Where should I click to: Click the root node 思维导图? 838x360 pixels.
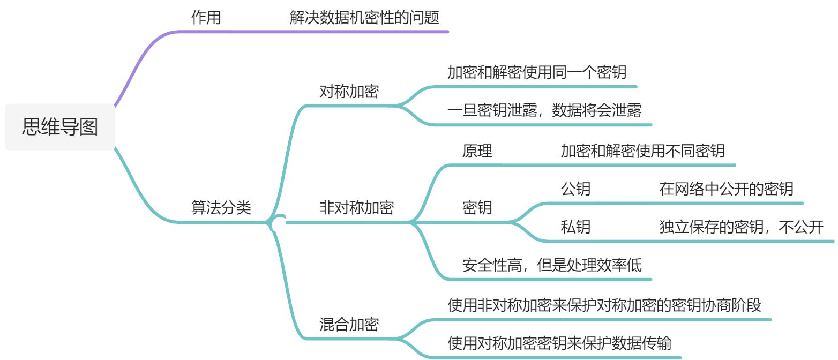click(x=60, y=127)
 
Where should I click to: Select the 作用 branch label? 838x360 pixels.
click(x=206, y=18)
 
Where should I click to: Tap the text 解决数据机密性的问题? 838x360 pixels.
click(x=364, y=18)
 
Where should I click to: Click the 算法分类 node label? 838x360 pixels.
click(x=221, y=208)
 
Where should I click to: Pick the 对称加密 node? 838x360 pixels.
click(x=349, y=92)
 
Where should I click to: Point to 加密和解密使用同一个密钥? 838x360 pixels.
click(x=537, y=72)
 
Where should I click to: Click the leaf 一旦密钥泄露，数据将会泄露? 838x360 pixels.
click(x=544, y=111)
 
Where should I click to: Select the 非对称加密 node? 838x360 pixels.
click(x=356, y=208)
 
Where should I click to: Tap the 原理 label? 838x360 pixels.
click(x=477, y=151)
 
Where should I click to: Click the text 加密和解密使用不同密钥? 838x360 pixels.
click(x=642, y=151)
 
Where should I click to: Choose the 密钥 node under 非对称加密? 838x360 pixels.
click(x=477, y=208)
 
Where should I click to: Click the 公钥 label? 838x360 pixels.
click(x=576, y=189)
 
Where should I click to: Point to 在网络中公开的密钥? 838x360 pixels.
click(x=727, y=189)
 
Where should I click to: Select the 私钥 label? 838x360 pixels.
click(x=576, y=227)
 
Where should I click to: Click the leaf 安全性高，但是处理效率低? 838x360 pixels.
click(x=552, y=265)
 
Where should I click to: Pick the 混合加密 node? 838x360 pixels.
click(x=349, y=324)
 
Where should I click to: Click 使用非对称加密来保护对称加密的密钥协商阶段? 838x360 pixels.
click(x=604, y=305)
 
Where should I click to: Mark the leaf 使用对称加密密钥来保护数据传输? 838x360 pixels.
click(x=559, y=343)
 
